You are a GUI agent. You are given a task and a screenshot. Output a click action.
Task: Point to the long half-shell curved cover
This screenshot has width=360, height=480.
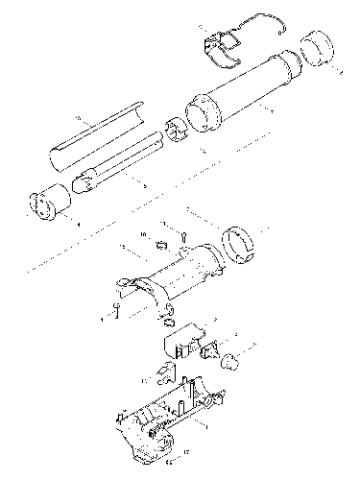[96, 144]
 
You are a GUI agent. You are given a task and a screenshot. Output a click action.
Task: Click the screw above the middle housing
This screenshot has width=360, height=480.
[182, 234]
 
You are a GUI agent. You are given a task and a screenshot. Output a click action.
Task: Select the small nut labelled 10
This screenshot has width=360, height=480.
[159, 244]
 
